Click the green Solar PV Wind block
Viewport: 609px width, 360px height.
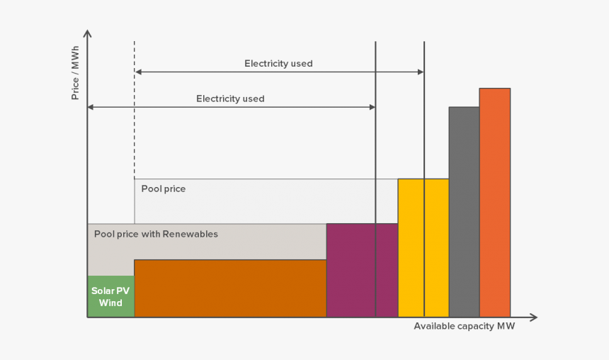click(110, 296)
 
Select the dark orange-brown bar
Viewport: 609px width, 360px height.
click(230, 288)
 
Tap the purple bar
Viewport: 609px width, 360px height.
click(362, 270)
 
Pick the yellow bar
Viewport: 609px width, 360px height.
click(423, 247)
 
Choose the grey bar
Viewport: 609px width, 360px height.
click(464, 211)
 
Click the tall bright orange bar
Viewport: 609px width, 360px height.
click(494, 202)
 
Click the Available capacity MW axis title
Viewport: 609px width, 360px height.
click(465, 327)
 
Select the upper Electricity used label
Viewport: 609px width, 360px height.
click(278, 64)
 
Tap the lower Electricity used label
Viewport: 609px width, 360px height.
click(230, 99)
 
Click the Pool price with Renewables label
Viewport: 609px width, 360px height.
click(156, 234)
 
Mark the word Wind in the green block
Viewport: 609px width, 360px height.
click(110, 303)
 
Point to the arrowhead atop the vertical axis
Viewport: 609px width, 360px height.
click(87, 34)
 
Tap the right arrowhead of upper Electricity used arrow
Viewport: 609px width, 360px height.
click(421, 72)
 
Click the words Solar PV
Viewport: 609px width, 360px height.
click(110, 291)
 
